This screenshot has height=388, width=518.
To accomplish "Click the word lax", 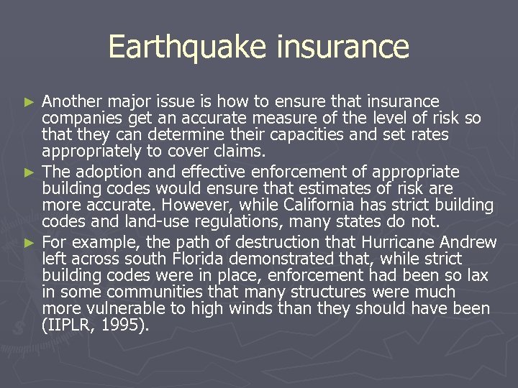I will (476, 275).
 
